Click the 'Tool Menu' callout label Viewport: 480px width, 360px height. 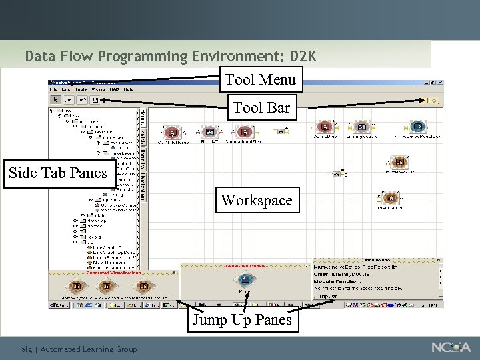click(261, 79)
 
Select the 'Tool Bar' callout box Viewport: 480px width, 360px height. click(261, 107)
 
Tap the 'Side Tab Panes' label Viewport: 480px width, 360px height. click(57, 173)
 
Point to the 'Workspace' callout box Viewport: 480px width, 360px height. click(257, 200)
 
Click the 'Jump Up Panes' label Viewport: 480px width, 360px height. click(242, 320)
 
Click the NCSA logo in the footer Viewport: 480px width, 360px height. click(451, 347)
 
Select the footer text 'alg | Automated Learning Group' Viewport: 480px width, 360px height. click(79, 349)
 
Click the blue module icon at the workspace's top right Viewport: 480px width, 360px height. click(417, 127)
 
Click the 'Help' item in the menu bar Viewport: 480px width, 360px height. click(128, 89)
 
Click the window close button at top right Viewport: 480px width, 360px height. click(440, 84)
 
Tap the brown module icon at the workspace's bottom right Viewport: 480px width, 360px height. click(391, 198)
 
